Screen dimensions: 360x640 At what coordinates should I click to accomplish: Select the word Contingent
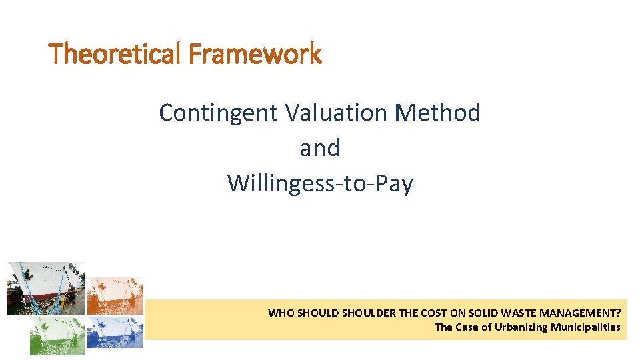click(x=218, y=113)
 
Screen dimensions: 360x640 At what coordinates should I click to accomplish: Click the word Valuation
click(x=336, y=113)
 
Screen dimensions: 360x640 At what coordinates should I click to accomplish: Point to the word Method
click(x=437, y=113)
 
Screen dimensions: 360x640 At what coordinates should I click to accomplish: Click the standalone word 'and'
click(x=320, y=148)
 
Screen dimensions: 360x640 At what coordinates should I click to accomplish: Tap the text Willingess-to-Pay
click(x=320, y=183)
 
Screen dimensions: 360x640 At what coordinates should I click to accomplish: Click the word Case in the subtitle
click(x=467, y=327)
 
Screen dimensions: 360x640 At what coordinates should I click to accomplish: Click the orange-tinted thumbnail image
click(x=115, y=295)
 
